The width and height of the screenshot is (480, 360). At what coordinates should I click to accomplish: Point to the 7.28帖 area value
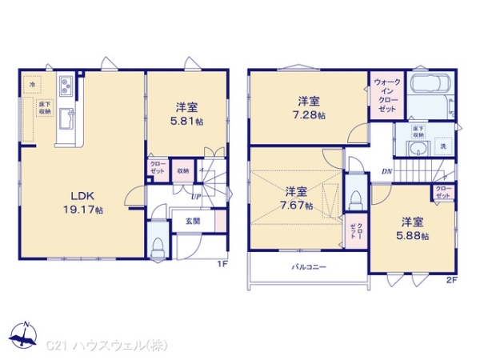click(x=310, y=114)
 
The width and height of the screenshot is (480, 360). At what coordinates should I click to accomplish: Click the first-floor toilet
click(x=158, y=242)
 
